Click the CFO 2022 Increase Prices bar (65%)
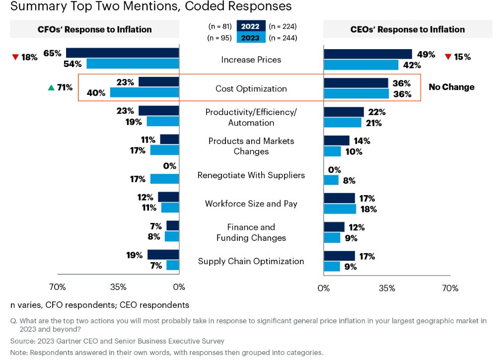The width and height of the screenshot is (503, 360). pos(122,53)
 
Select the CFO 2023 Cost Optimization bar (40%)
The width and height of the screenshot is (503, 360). pos(144,92)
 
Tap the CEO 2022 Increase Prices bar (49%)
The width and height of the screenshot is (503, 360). pos(367,54)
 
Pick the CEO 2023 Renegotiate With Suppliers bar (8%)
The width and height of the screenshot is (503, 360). pos(331,180)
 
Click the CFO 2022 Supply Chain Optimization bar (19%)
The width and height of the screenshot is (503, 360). pos(163,254)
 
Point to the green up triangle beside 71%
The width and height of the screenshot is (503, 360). pos(50,88)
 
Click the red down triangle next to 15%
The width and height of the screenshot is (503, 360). pos(448,57)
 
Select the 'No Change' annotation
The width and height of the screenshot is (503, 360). pos(451,87)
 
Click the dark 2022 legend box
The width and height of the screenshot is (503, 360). pos(250,27)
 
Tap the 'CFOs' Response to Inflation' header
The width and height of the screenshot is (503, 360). pos(94,29)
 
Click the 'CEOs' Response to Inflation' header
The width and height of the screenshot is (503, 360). pos(408,29)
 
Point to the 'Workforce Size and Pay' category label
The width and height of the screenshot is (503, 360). pos(251,204)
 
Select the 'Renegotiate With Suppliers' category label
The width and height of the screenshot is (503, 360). pos(251,175)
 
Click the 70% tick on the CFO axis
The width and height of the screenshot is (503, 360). pos(57,287)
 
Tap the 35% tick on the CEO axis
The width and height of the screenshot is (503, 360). pos(387,288)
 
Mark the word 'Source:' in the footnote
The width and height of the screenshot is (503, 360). pos(23,341)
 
